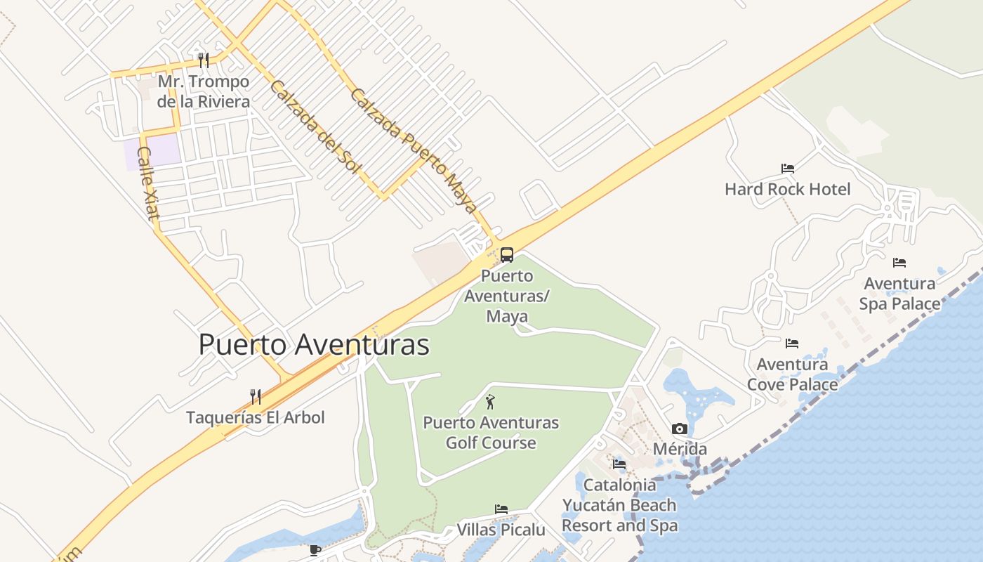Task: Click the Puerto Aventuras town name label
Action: pyautogui.click(x=314, y=345)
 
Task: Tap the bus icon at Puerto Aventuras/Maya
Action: pyautogui.click(x=507, y=255)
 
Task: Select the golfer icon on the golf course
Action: pyautogui.click(x=490, y=403)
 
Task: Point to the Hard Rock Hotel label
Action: pyautogui.click(x=787, y=189)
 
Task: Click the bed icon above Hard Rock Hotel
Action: pyautogui.click(x=788, y=169)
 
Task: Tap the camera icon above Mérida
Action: pyautogui.click(x=680, y=429)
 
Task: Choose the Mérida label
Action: pyautogui.click(x=680, y=449)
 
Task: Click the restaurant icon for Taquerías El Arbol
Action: pyautogui.click(x=256, y=397)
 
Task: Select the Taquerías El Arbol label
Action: pyautogui.click(x=256, y=417)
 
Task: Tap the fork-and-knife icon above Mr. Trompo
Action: pyautogui.click(x=204, y=60)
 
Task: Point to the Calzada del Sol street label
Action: pyautogui.click(x=314, y=127)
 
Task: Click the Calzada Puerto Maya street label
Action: pyautogui.click(x=414, y=151)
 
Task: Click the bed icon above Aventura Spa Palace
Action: pyautogui.click(x=899, y=263)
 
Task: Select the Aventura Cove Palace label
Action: pyautogui.click(x=792, y=374)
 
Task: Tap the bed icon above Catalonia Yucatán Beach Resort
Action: pyautogui.click(x=619, y=464)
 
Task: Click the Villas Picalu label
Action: pyautogui.click(x=501, y=530)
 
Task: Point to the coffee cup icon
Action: pyautogui.click(x=315, y=549)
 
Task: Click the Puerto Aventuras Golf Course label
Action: pyautogui.click(x=491, y=433)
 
